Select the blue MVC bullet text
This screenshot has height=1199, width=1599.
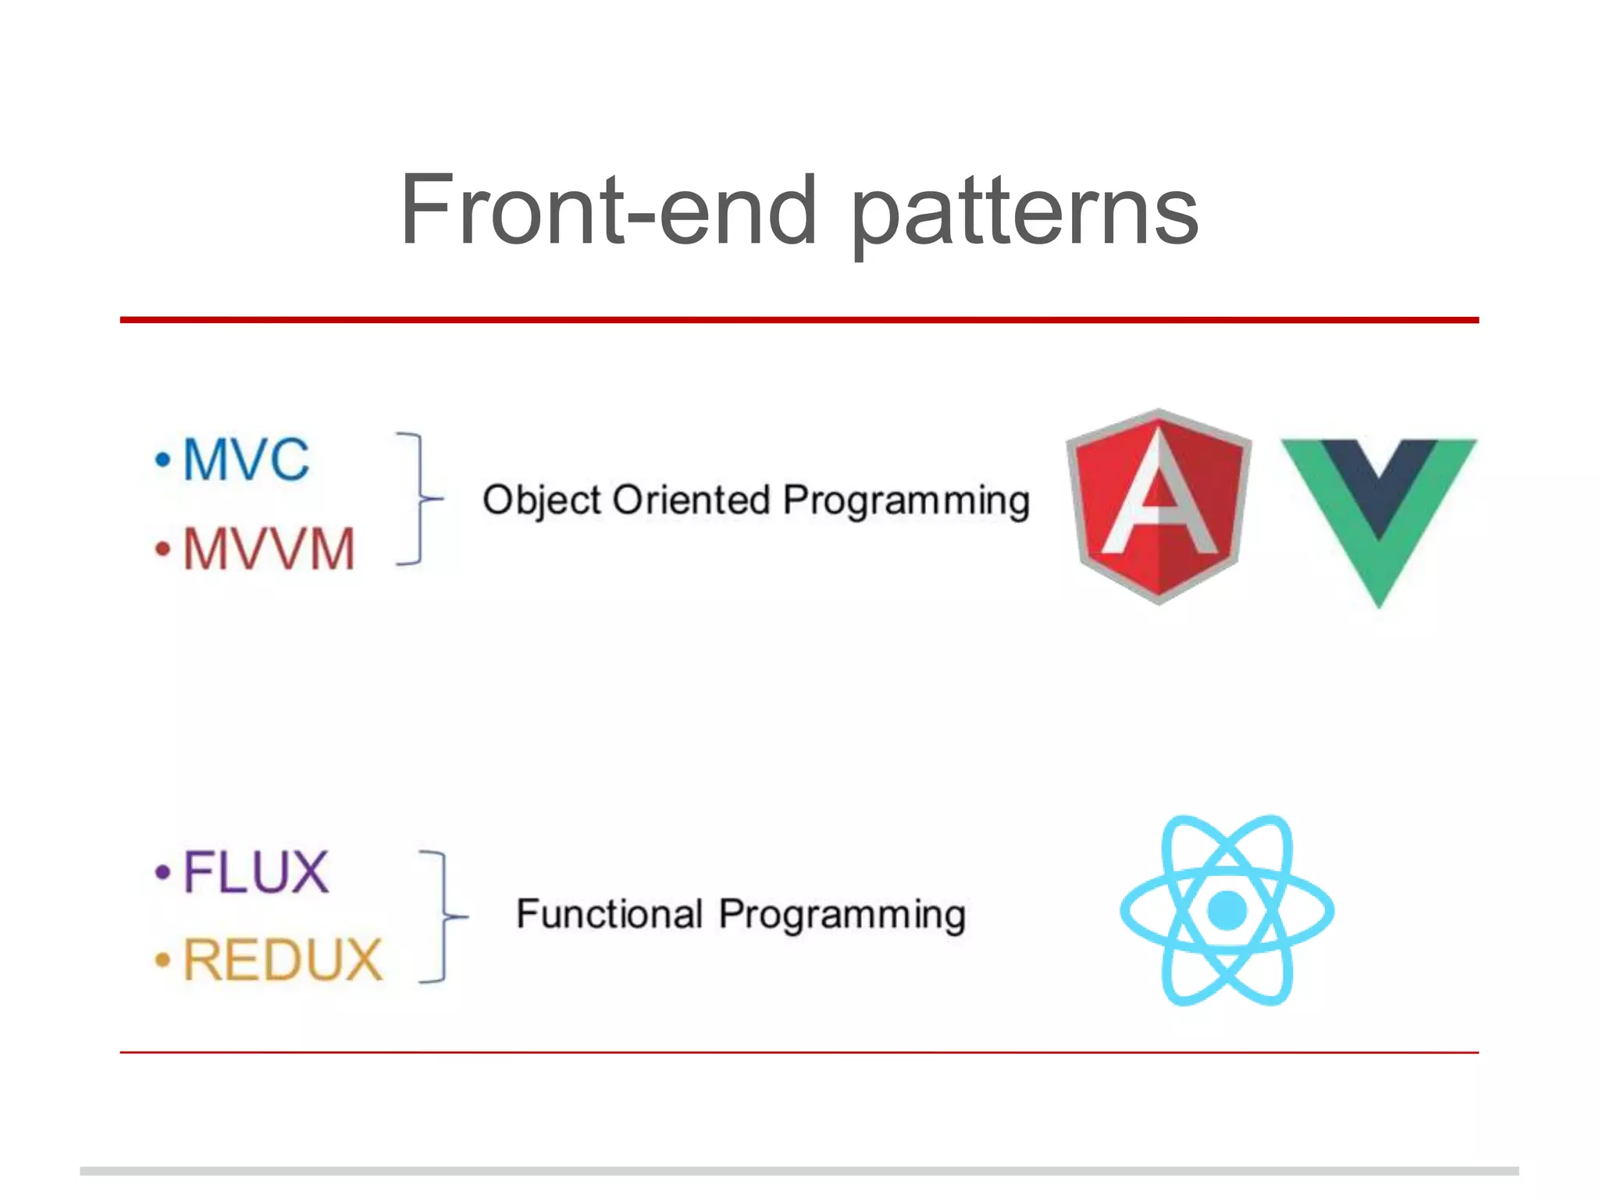[246, 460]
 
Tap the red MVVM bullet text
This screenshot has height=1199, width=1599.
[269, 549]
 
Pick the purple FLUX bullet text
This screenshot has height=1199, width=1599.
[255, 872]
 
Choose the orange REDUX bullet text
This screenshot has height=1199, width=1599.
[283, 960]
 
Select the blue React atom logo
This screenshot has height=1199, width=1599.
[1227, 910]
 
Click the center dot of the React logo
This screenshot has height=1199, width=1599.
[1227, 910]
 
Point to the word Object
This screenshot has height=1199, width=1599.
[542, 501]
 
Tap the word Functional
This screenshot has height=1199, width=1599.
[609, 914]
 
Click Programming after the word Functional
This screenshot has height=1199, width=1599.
[842, 916]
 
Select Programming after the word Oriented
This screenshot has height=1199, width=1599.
[906, 501]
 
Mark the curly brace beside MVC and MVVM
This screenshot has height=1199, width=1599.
[420, 498]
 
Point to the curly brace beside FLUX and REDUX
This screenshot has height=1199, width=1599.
[443, 916]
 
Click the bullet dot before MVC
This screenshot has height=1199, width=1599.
[162, 460]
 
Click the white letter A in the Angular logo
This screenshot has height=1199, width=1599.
[1159, 500]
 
